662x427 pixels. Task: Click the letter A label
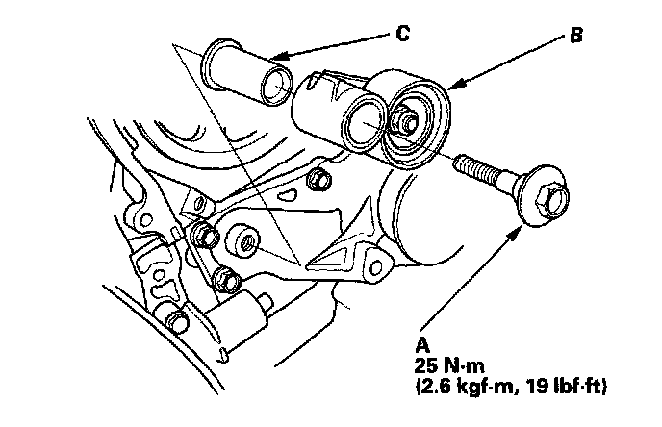pos(420,342)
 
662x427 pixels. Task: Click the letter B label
pos(575,38)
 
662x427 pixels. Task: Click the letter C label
pos(403,35)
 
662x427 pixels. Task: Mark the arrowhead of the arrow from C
pos(272,55)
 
